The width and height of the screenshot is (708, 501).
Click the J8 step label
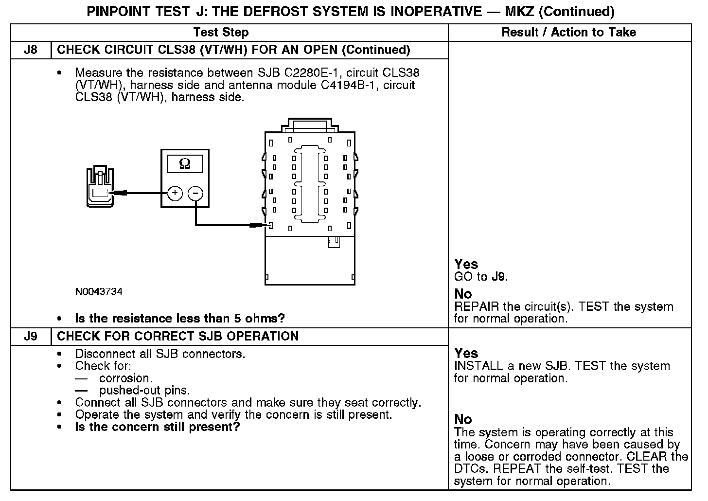[x=30, y=50]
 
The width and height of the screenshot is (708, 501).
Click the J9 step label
[x=30, y=337]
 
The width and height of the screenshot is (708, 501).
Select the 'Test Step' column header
[x=221, y=33]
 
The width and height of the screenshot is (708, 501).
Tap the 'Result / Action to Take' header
[x=568, y=33]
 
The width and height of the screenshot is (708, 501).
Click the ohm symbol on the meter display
[x=185, y=163]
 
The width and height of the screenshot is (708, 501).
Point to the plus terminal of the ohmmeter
[x=175, y=193]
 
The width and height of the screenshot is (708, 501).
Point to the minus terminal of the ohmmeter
[x=195, y=193]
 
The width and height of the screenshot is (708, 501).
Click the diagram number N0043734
[x=99, y=292]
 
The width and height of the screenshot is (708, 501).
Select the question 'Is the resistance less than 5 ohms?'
[x=180, y=319]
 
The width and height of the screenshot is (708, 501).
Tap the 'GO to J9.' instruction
[x=481, y=277]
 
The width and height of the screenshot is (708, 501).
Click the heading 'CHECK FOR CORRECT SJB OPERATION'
[x=177, y=337]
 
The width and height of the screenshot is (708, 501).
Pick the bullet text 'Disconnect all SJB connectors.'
[x=160, y=354]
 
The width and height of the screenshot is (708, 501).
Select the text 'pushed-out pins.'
[x=144, y=390]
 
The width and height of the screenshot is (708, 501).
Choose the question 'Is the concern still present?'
[x=157, y=427]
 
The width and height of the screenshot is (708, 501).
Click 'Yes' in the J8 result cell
[x=466, y=264]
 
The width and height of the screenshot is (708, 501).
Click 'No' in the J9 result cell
[x=463, y=419]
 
